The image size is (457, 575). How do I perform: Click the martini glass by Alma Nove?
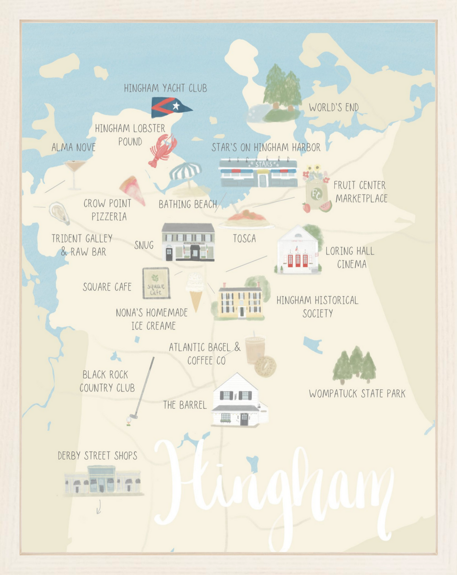coord(75,172)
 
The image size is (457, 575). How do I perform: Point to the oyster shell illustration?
coord(59,214)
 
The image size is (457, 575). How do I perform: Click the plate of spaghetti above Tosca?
coord(246,219)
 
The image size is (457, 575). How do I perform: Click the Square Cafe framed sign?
coord(156,283)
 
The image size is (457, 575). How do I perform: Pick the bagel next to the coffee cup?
coord(265,366)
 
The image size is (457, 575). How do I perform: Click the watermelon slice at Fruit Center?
coord(325,206)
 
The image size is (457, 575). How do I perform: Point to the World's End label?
coord(333,107)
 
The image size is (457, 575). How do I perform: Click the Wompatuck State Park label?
coord(357,394)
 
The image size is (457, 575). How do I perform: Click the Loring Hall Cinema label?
coord(350,257)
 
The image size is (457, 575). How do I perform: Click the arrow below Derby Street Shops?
coord(99,507)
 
